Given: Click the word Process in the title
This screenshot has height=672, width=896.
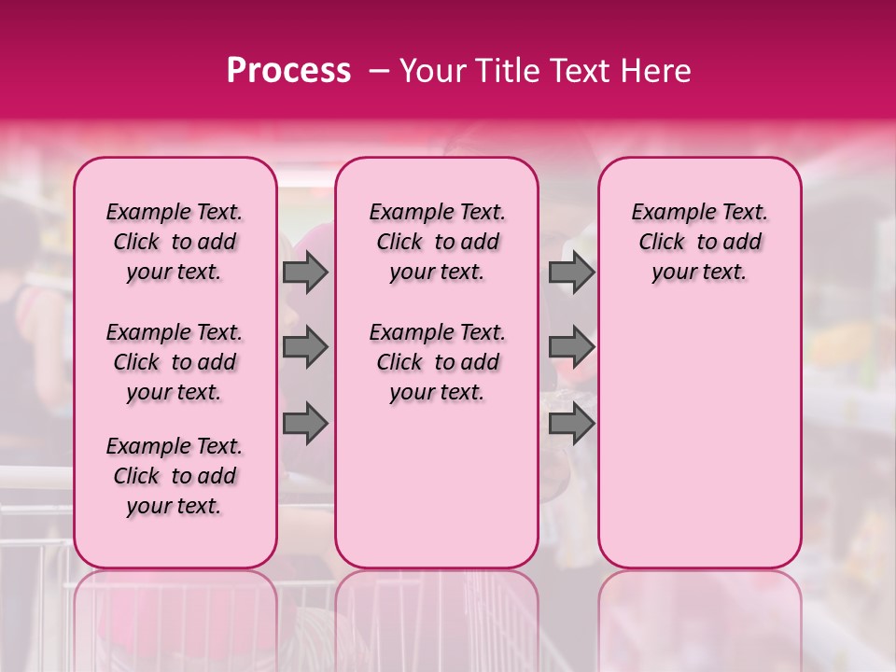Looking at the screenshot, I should point(288,71).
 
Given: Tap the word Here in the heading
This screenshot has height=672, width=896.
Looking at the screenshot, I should point(653,71).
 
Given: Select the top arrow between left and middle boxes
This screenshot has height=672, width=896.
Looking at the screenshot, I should point(305,273).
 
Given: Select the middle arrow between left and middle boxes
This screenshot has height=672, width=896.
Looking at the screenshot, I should point(305,347).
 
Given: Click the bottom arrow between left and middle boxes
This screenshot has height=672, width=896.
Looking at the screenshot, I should point(305,423).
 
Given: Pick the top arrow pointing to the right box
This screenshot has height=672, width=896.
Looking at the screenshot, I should point(571,273).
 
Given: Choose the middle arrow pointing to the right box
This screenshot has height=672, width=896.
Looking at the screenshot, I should point(571,347).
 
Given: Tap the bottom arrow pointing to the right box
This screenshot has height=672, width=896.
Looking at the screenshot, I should point(571,423).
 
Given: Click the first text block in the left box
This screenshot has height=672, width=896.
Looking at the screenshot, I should point(175,242).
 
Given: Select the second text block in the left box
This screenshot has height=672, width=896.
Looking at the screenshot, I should point(175,362).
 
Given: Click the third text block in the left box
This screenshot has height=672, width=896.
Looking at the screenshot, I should point(175,476).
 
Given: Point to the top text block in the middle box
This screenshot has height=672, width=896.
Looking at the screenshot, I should point(437,242).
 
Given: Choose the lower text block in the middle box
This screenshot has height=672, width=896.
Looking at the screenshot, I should point(437,362).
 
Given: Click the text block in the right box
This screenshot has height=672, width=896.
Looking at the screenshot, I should point(699,242).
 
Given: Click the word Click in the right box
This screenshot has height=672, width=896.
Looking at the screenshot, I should point(662,243).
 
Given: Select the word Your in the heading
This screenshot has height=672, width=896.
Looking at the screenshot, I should point(428,71).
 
